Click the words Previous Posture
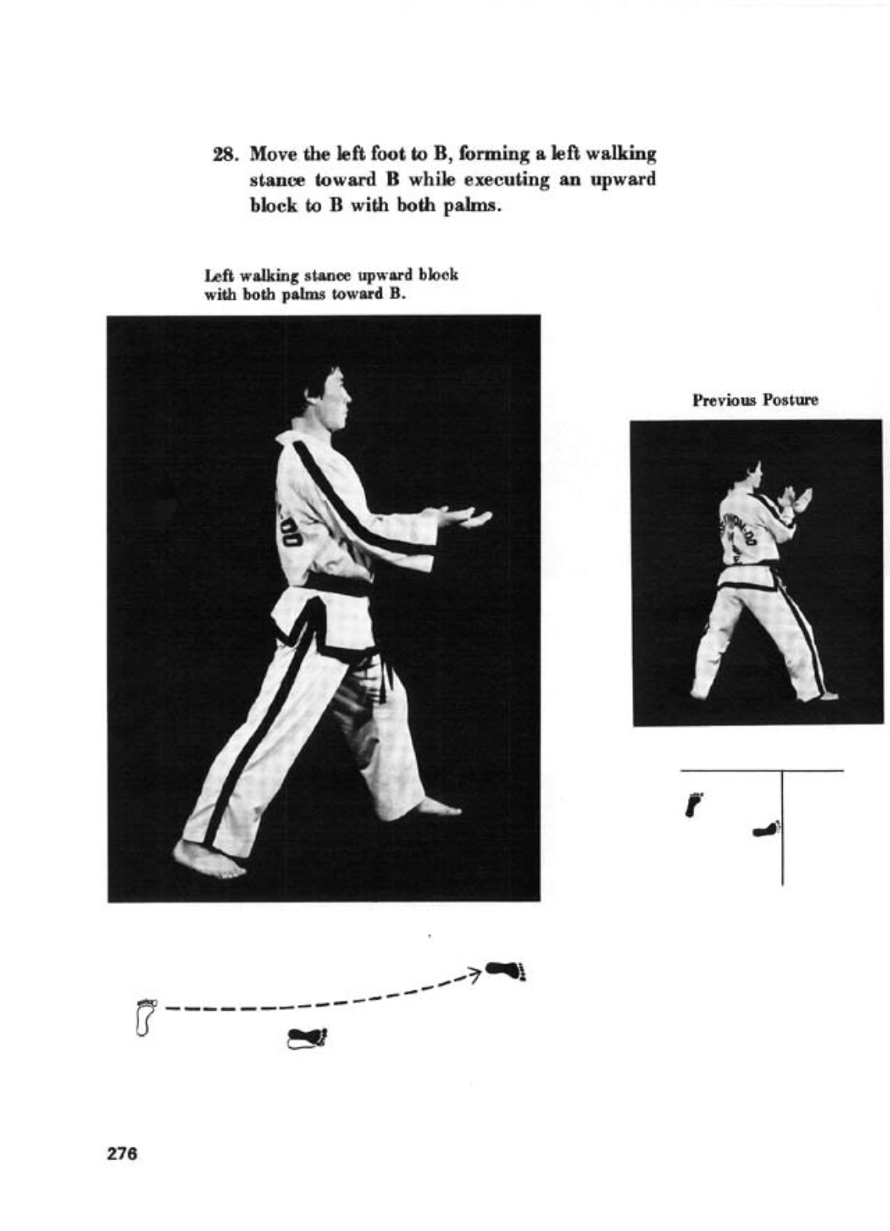point(755,400)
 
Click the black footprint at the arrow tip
point(505,970)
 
